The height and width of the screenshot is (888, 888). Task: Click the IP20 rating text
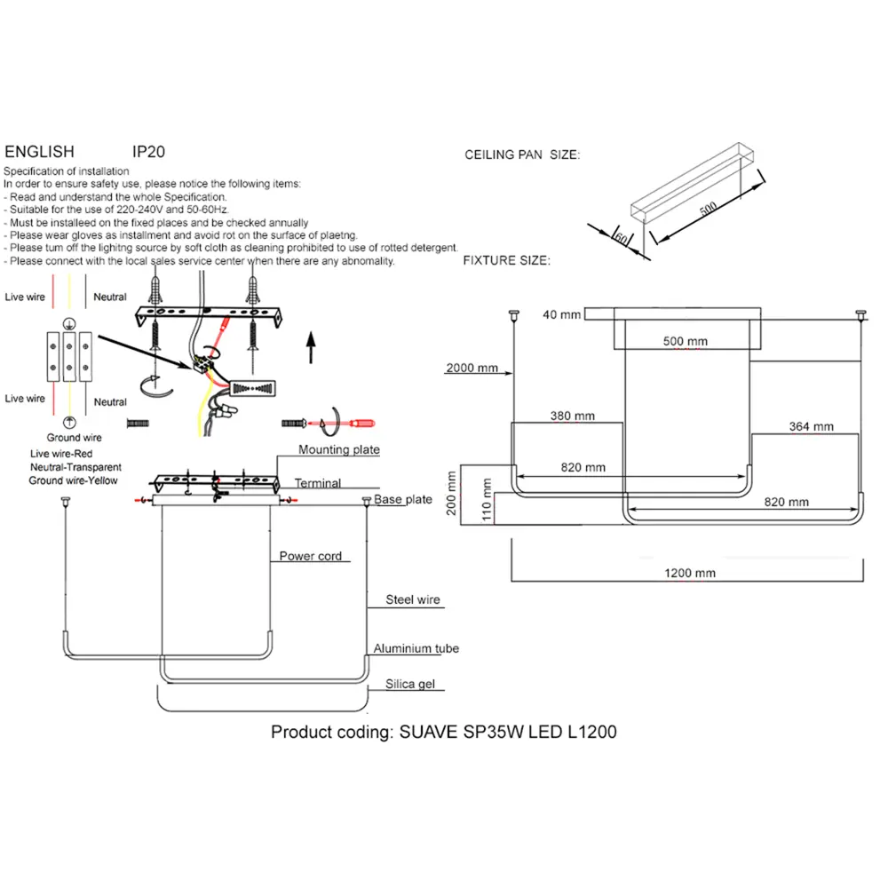click(x=148, y=152)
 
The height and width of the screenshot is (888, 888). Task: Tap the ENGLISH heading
click(x=40, y=152)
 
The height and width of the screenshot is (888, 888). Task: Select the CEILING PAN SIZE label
click(x=522, y=155)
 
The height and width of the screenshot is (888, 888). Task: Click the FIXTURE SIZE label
click(x=507, y=260)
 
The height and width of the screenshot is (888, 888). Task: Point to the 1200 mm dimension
click(x=690, y=573)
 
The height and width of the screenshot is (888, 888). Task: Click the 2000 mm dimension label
click(x=472, y=368)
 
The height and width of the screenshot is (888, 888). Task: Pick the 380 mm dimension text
click(x=573, y=416)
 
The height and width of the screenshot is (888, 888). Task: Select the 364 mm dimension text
click(x=811, y=426)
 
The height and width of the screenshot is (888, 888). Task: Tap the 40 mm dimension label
click(x=562, y=314)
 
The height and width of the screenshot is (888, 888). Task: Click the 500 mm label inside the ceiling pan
click(x=686, y=342)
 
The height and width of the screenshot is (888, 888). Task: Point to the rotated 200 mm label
click(x=451, y=493)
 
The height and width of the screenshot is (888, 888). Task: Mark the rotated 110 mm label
click(x=487, y=499)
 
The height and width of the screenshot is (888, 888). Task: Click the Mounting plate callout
click(x=338, y=449)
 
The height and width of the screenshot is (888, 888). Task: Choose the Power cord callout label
click(x=310, y=556)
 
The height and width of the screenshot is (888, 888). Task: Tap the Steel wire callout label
click(x=413, y=599)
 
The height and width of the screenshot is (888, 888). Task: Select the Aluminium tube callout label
click(x=416, y=648)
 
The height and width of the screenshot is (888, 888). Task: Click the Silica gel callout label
click(x=410, y=684)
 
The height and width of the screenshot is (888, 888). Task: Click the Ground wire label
click(x=75, y=438)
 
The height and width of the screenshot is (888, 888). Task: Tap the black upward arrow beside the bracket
click(x=311, y=347)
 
